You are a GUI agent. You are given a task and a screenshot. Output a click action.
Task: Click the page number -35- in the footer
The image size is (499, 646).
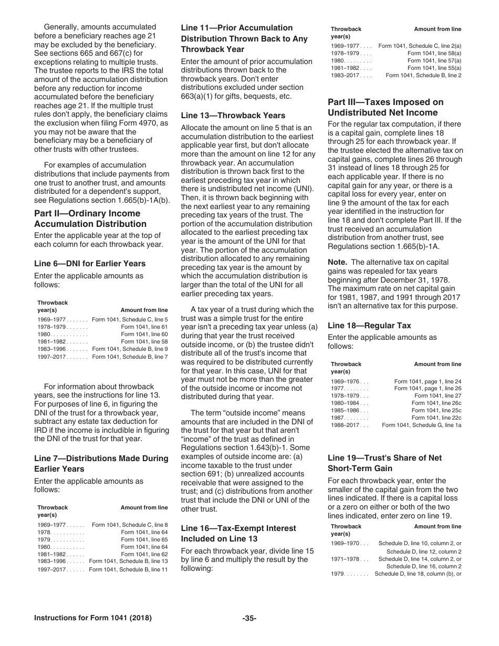click(x=249, y=618)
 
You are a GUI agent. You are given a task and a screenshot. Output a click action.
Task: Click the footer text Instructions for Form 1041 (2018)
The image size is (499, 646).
click(x=93, y=618)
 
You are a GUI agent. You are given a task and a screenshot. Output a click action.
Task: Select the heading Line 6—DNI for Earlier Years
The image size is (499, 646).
click(x=90, y=264)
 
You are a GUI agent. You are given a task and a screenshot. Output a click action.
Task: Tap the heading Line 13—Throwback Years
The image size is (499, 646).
click(x=233, y=116)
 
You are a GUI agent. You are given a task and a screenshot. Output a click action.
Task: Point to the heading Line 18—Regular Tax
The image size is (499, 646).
click(x=369, y=326)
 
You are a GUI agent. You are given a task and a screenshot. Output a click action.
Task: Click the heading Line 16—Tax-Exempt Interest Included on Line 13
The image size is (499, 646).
click(x=238, y=534)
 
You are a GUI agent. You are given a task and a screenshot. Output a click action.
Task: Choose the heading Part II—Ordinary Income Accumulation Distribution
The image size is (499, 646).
click(x=87, y=218)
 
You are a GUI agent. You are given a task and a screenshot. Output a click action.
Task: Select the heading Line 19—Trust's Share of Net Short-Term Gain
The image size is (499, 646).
click(x=384, y=463)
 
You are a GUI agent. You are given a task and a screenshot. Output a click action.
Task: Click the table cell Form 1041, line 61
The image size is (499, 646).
click(x=144, y=326)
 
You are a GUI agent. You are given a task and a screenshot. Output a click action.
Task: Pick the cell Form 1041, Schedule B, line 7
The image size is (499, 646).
click(x=130, y=357)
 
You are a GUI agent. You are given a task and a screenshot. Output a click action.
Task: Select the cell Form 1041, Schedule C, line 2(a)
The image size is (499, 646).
click(x=420, y=46)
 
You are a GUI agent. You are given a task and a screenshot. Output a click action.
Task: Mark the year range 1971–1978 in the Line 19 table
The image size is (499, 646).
click(x=345, y=559)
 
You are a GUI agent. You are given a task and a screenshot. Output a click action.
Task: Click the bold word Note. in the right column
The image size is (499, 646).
click(x=337, y=262)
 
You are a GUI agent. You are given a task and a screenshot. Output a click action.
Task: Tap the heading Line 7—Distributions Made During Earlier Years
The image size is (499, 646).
click(x=101, y=463)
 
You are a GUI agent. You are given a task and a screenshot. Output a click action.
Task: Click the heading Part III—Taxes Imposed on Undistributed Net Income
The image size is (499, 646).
click(x=386, y=107)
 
